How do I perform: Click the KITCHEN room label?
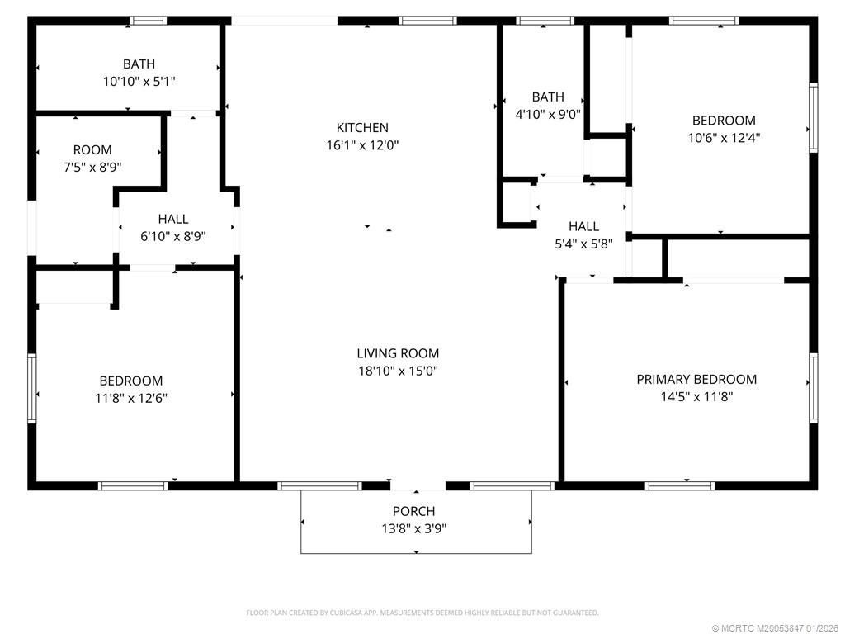362,128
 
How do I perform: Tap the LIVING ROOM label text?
398,353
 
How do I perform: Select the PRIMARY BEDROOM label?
696,380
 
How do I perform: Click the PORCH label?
413,512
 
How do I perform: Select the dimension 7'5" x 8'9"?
92,167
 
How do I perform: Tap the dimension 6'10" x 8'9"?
173,236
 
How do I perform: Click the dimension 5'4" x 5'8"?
583,244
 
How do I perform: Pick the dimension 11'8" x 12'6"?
131,398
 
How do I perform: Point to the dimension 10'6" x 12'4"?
724,138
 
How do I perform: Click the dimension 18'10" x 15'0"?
398,371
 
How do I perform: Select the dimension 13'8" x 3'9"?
413,528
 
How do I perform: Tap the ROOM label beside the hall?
92,150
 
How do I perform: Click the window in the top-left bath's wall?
149,21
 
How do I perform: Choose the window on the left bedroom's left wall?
32,388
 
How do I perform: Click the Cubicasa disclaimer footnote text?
422,613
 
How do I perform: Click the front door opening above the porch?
418,485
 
